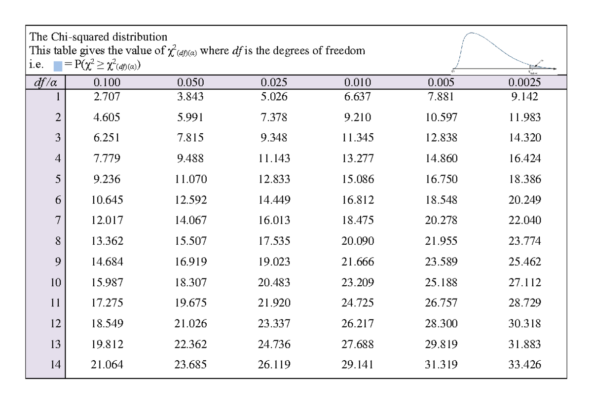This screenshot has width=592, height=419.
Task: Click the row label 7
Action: [x=58, y=221]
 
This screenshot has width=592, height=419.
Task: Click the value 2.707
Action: [x=106, y=97]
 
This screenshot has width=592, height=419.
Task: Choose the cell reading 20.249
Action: [x=525, y=200]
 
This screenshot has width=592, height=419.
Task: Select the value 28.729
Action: [x=525, y=303]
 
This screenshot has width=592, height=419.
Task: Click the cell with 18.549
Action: [x=106, y=324]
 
